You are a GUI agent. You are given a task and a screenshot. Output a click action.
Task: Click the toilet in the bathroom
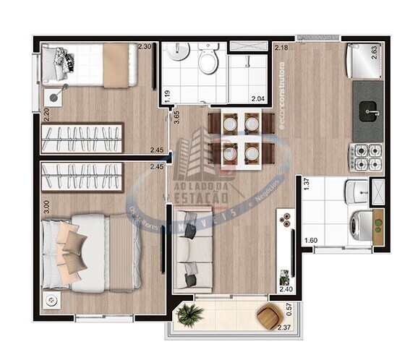coord(208,59)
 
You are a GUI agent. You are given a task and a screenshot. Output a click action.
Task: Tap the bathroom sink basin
coord(177,52)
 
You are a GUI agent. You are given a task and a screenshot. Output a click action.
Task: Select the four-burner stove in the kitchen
coord(367,157)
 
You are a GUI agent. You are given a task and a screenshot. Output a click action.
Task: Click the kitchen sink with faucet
coord(369,111)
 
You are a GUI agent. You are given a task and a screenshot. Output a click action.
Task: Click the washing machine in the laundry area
coord(359,225)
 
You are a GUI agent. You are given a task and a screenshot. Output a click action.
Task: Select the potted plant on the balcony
coord(189,314)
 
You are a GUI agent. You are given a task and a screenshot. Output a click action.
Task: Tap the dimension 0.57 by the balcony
coord(289,311)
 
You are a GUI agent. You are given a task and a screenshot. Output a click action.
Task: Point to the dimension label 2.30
coord(145,46)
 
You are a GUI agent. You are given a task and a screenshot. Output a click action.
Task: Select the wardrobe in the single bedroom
coord(81,138)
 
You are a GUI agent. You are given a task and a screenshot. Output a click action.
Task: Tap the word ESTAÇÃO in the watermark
coord(201,196)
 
